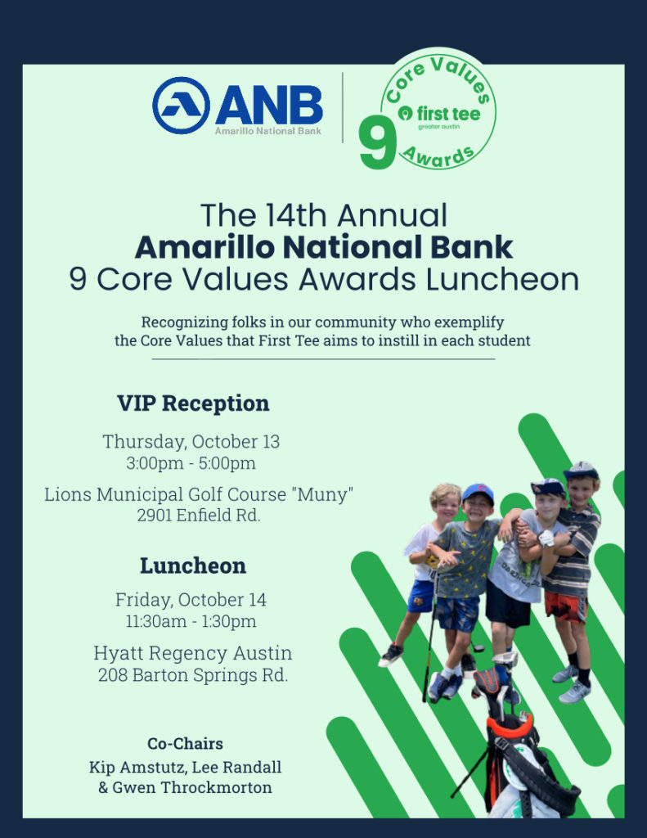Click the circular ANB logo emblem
pos(181,106)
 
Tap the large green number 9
pos(377,142)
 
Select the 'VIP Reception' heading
pos(193,403)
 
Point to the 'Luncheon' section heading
pos(193,565)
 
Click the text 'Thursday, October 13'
pos(191,441)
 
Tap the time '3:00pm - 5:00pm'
pos(191,463)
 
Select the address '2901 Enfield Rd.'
pos(198,516)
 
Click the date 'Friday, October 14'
pos(191,600)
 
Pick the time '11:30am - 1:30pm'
pos(191,621)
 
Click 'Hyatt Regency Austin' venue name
pos(193,653)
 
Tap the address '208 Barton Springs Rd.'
pos(193,675)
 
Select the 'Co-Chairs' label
pos(186,743)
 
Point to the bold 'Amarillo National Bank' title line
pos(324,247)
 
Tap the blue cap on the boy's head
pos(478,493)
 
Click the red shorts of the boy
pos(566,606)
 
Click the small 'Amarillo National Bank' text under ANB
pos(268,131)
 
